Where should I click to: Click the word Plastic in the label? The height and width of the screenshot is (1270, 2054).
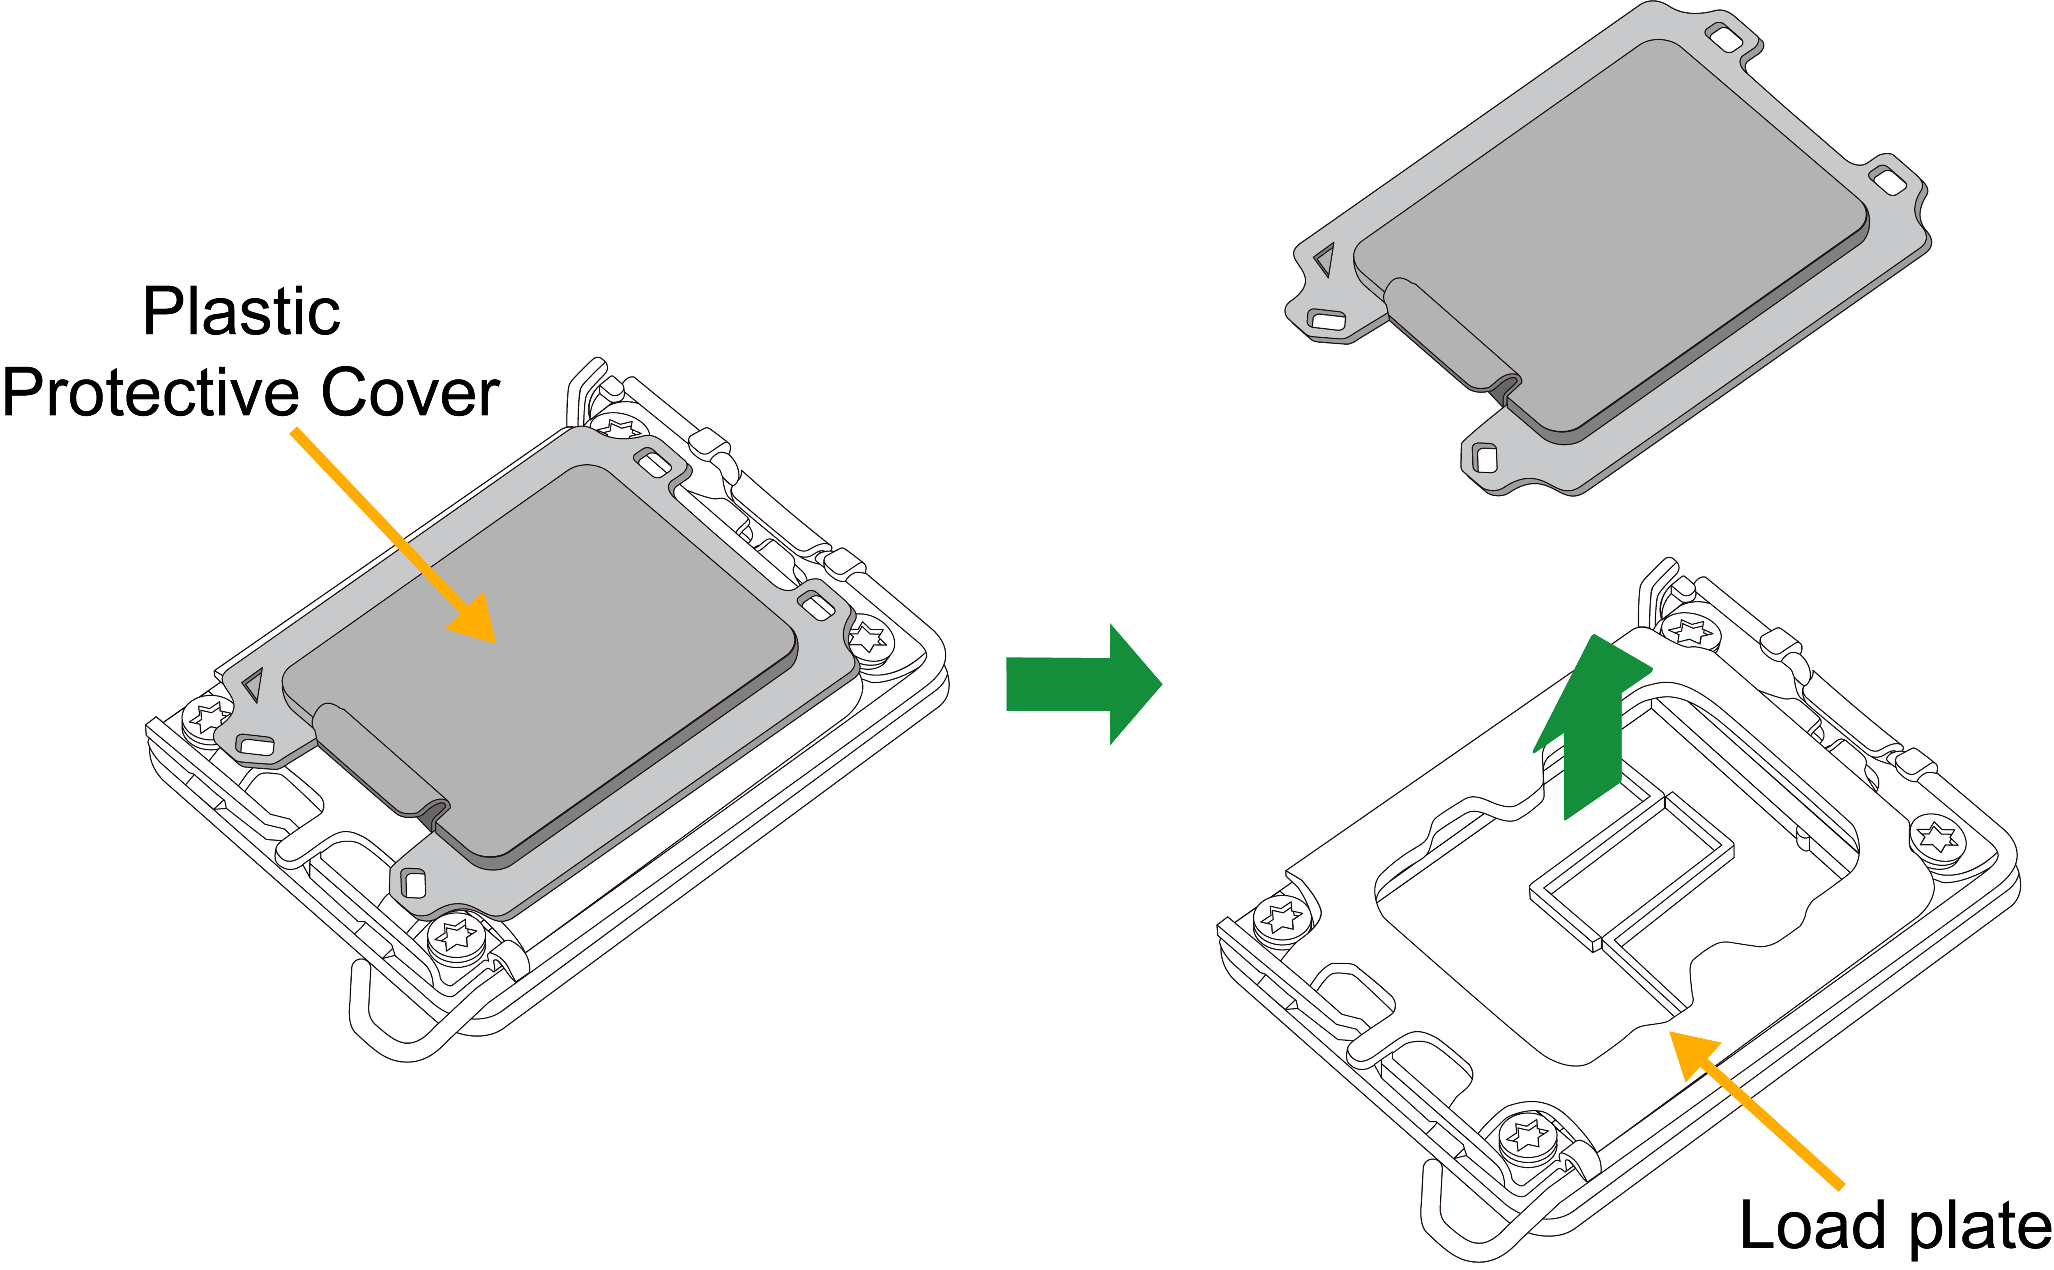point(242,311)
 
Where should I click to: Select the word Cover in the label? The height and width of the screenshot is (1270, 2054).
point(411,392)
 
